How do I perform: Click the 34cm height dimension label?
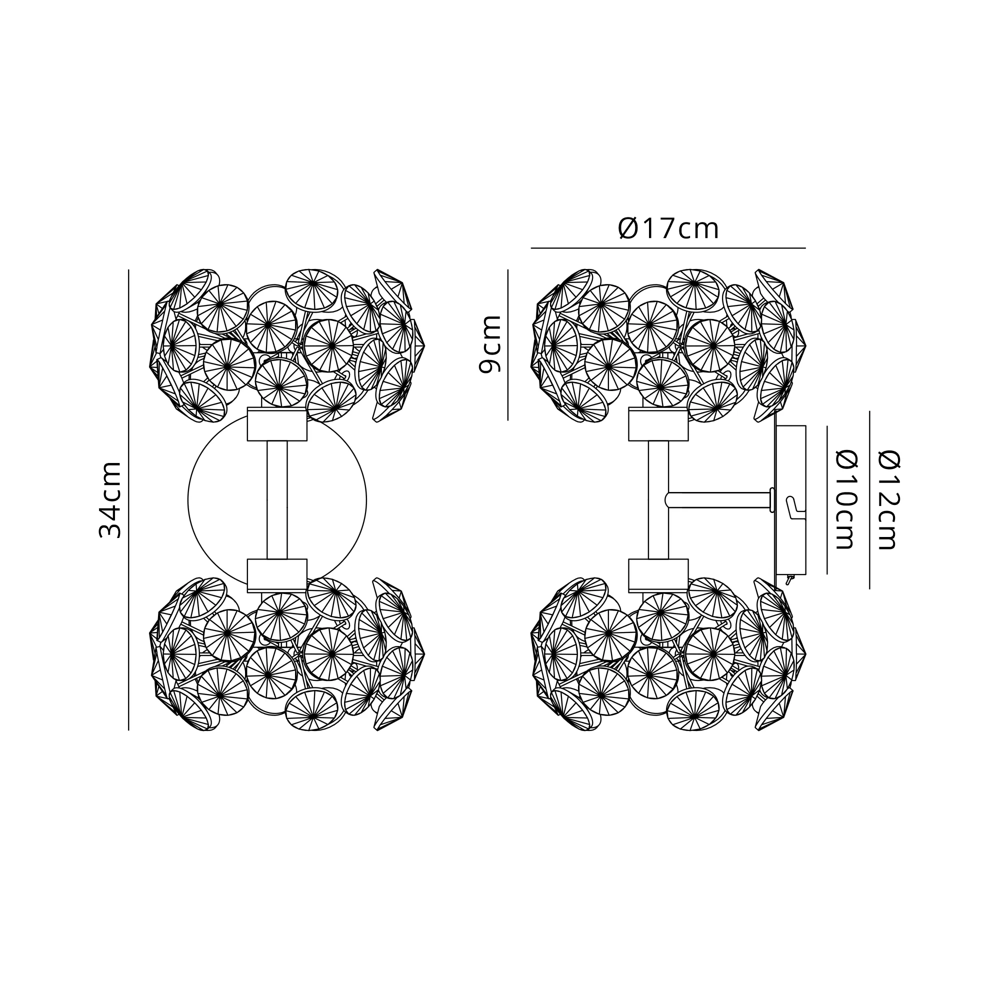click(x=110, y=500)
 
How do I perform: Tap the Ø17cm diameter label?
click(x=668, y=229)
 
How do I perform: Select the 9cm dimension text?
click(x=489, y=344)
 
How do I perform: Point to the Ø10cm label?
click(x=847, y=500)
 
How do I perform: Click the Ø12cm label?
click(x=888, y=500)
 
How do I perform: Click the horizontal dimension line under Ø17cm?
click(x=668, y=248)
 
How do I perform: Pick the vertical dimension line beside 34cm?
click(x=128, y=500)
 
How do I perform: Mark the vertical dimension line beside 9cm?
click(x=508, y=344)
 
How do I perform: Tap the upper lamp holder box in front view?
click(x=277, y=424)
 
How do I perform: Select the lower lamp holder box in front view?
click(x=277, y=575)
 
